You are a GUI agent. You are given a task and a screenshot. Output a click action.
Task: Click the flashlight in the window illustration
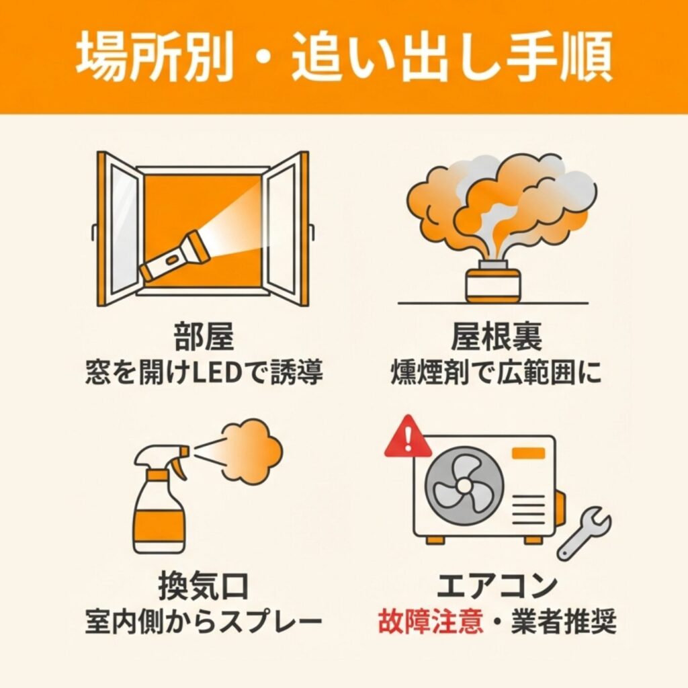click(173, 256)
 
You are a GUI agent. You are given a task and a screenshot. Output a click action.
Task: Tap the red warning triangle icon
click(408, 437)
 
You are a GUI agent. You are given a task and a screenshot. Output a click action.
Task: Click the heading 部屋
click(204, 337)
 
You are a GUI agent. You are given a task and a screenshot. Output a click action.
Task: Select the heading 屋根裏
click(497, 337)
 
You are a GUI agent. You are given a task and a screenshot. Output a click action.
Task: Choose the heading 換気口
click(204, 586)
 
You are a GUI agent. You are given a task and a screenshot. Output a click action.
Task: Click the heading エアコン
click(497, 586)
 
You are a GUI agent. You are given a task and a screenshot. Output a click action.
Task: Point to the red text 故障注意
click(431, 621)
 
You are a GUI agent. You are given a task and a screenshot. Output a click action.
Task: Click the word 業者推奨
click(564, 621)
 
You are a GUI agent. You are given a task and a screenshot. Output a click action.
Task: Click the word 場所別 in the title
click(155, 56)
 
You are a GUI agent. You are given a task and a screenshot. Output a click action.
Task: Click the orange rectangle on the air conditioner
click(529, 454)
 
